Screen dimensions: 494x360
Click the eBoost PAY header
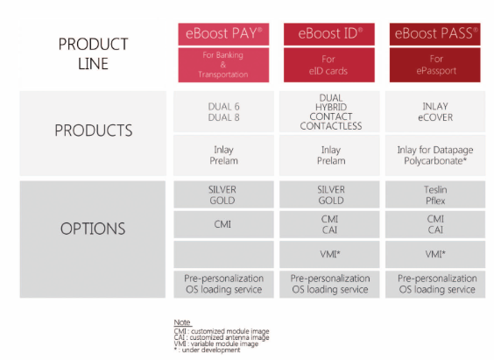223,34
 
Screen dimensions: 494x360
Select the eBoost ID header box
329,34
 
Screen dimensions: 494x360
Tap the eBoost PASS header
434,34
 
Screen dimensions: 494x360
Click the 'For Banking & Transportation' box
223,65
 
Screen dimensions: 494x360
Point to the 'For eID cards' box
329,65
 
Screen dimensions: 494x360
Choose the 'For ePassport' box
434,65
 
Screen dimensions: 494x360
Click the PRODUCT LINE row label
93,53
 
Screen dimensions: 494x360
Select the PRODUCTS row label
93,131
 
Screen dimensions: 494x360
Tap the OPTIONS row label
93,229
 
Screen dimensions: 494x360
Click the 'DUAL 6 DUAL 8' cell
223,112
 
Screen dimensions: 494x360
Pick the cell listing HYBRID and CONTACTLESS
329,112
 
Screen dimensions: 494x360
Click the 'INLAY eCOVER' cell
435,112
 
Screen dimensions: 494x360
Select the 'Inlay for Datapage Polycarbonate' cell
435,155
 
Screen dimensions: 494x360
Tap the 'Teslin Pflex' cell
435,194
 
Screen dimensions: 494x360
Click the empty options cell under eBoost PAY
223,255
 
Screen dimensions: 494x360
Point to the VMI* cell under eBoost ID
329,255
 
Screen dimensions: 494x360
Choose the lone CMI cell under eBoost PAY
223,224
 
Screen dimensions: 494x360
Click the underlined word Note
182,322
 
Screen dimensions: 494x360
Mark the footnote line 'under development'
207,349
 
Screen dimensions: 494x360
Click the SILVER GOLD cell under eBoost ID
329,194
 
